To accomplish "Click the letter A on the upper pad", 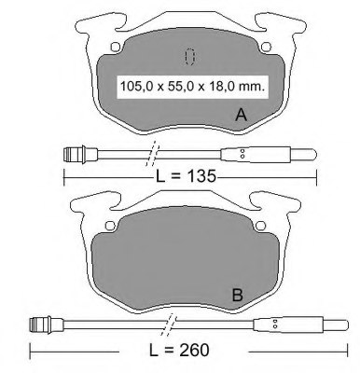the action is point(242,115).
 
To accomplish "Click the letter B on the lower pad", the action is point(238,295).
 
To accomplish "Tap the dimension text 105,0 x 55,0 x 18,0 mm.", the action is point(192,87).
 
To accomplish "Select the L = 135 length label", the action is point(186,176).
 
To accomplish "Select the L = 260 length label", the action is point(179,350).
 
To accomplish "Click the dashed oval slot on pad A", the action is point(189,57).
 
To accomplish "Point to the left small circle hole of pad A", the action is point(116,47).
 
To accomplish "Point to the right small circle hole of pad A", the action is point(266,47).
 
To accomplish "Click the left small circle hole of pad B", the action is point(110,226).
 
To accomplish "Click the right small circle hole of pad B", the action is point(260,226).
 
